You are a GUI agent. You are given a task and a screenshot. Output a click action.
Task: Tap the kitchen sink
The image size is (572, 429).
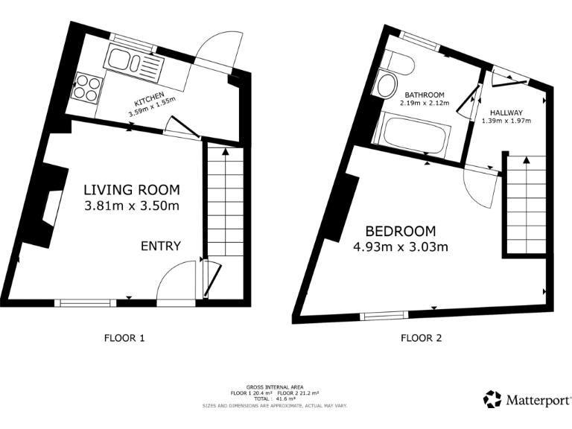[x=134, y=61]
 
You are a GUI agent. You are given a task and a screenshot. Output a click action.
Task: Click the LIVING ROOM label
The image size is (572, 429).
[x=131, y=190]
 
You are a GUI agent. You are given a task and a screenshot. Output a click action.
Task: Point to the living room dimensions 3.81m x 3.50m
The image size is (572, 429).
[x=132, y=206]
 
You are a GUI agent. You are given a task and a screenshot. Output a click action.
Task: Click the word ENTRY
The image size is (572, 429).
[x=161, y=247]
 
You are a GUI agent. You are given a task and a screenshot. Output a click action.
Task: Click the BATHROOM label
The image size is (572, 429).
[x=425, y=95]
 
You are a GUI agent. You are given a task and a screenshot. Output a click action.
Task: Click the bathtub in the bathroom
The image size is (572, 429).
[x=413, y=137]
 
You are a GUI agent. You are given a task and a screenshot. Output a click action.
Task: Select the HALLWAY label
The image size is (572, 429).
[x=506, y=112]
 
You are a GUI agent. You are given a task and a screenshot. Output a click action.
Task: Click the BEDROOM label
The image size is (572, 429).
[x=400, y=232]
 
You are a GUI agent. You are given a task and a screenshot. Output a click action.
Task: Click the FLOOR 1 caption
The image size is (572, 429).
[x=124, y=338]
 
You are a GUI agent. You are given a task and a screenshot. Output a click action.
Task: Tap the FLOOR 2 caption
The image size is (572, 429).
[x=422, y=338]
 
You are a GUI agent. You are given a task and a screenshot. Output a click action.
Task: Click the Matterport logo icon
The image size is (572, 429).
[x=493, y=399]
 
